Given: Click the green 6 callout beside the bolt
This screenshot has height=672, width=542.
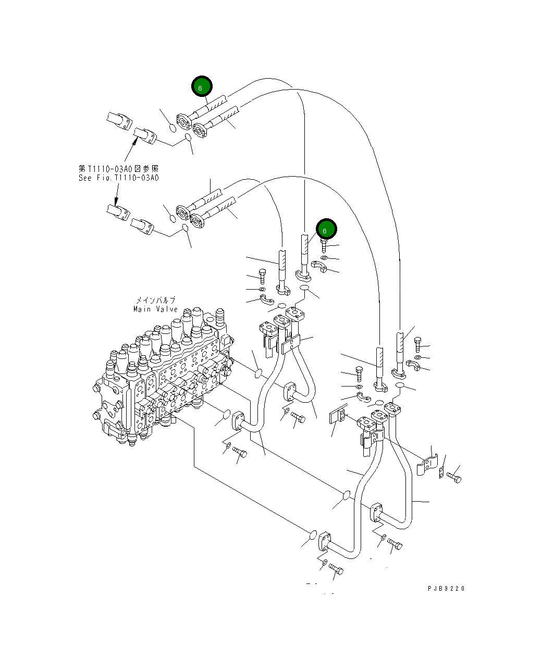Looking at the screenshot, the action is tap(326, 229).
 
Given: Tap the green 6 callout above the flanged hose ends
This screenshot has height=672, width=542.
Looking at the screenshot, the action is tap(202, 86).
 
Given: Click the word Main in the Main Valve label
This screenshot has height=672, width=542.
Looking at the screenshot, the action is tap(142, 309).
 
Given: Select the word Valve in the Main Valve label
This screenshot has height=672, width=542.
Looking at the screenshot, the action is tap(167, 309).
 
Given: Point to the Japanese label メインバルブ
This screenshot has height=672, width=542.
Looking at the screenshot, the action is tap(156, 300).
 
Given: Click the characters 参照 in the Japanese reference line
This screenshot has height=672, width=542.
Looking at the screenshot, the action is tap(151, 169).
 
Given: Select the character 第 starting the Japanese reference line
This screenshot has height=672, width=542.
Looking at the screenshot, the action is tap(82, 169).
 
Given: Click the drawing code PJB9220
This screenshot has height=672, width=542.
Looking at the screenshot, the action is tap(446, 588).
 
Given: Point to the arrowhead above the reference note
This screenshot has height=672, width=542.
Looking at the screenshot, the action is tap(134, 142).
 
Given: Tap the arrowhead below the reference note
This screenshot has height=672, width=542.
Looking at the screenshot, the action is tap(116, 202).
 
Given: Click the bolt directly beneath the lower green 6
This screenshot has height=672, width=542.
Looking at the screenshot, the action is tap(324, 245).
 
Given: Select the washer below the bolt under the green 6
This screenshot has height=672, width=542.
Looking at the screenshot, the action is tap(324, 258).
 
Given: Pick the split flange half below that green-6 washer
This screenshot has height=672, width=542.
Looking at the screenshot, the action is tap(319, 266).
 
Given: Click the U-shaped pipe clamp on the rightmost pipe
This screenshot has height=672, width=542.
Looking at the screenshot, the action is tap(428, 464).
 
